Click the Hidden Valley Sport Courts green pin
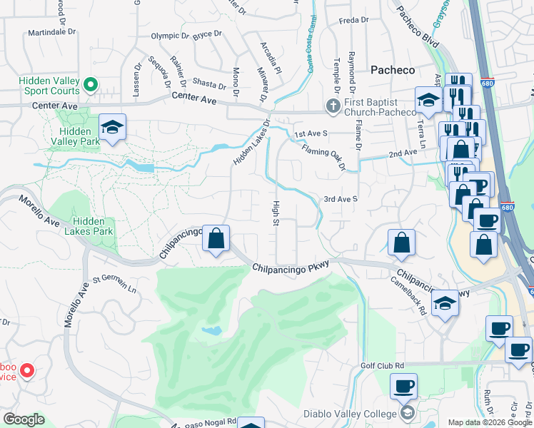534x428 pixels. [90, 86]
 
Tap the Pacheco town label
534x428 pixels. [393, 70]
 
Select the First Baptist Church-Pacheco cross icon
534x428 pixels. [333, 107]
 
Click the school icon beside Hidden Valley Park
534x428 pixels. [112, 127]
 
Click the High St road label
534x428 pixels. [275, 212]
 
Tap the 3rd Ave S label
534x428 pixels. [340, 200]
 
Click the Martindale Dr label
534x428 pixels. [51, 33]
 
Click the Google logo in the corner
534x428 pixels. [23, 419]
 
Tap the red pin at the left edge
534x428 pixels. [26, 370]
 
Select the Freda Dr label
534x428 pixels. [353, 21]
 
